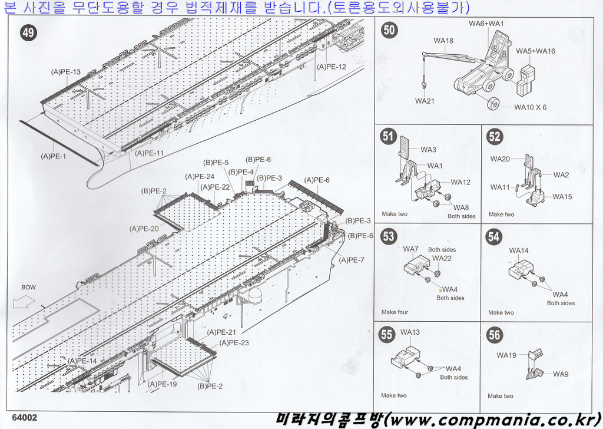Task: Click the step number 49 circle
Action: coord(28,32)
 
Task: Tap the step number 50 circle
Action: coord(390,30)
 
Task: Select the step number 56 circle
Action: coord(494,335)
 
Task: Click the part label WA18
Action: coord(443,41)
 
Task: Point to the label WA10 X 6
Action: coord(531,107)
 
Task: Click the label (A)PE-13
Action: coord(66,72)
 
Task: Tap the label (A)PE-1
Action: coord(54,157)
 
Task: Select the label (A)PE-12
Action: coord(332,67)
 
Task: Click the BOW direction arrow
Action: coord(24,303)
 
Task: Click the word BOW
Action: coord(28,287)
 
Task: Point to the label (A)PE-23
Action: coord(234,343)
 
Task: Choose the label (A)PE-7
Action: coord(352,260)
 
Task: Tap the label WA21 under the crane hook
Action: coord(425,101)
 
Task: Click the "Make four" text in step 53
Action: coord(395,312)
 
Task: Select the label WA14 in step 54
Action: coord(519,250)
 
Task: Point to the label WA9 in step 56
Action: coord(561,374)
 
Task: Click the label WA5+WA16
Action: coord(535,51)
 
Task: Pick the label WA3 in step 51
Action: coord(429,150)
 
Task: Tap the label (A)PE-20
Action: coord(144,229)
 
